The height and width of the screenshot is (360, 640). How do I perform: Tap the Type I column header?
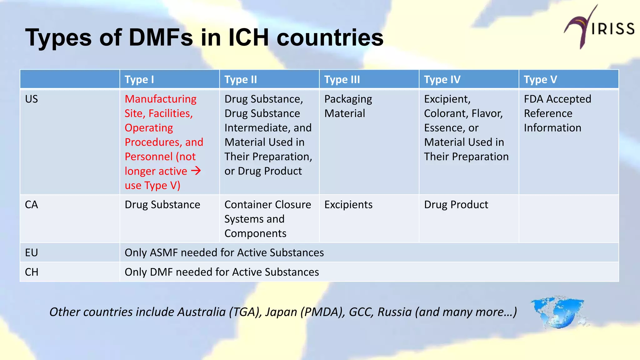click(139, 80)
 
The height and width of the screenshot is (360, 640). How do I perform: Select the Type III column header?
click(342, 80)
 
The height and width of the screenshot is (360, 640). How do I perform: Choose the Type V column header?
click(540, 80)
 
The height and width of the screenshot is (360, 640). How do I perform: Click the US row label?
click(32, 99)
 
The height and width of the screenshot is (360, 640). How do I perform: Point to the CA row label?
click(32, 205)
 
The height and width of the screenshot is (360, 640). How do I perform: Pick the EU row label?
click(32, 252)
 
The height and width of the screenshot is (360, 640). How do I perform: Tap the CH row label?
click(32, 272)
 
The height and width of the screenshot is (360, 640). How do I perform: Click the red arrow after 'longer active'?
click(196, 171)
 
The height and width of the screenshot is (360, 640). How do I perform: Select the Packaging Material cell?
click(348, 106)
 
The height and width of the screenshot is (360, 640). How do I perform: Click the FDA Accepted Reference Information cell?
click(557, 113)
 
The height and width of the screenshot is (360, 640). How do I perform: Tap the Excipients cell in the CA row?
click(348, 205)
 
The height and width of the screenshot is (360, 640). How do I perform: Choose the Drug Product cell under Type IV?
click(456, 205)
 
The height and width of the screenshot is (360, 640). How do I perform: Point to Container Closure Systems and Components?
click(267, 219)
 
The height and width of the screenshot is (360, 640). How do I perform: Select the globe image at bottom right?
click(558, 312)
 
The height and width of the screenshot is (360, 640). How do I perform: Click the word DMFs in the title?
click(161, 37)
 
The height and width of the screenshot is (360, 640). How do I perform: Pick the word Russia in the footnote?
click(395, 312)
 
